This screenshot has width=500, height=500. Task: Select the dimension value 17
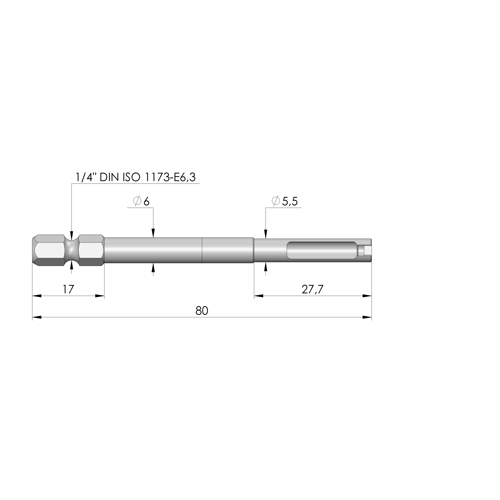[68, 289]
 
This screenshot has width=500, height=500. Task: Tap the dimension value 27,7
[312, 289]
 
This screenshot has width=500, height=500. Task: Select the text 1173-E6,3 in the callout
[170, 178]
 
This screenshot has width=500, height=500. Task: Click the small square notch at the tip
[367, 250]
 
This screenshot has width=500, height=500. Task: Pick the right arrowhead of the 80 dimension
[367, 317]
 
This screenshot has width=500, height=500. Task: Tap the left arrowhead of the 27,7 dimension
[259, 296]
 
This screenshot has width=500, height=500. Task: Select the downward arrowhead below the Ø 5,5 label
[266, 234]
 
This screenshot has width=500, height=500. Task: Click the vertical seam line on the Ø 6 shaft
[202, 250]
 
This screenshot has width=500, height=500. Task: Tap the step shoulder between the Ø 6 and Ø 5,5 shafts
[253, 250]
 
